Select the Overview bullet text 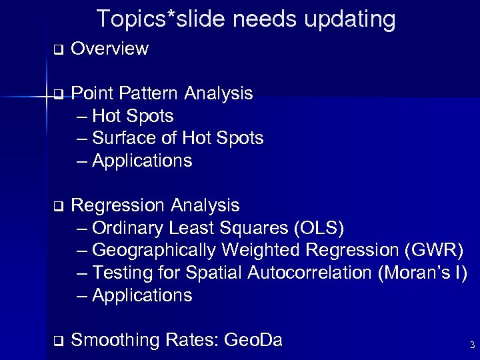109,49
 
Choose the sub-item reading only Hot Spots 133,116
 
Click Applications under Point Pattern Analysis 142,161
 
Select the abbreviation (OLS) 319,228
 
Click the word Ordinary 129,228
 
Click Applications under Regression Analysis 142,295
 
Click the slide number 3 472,345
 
